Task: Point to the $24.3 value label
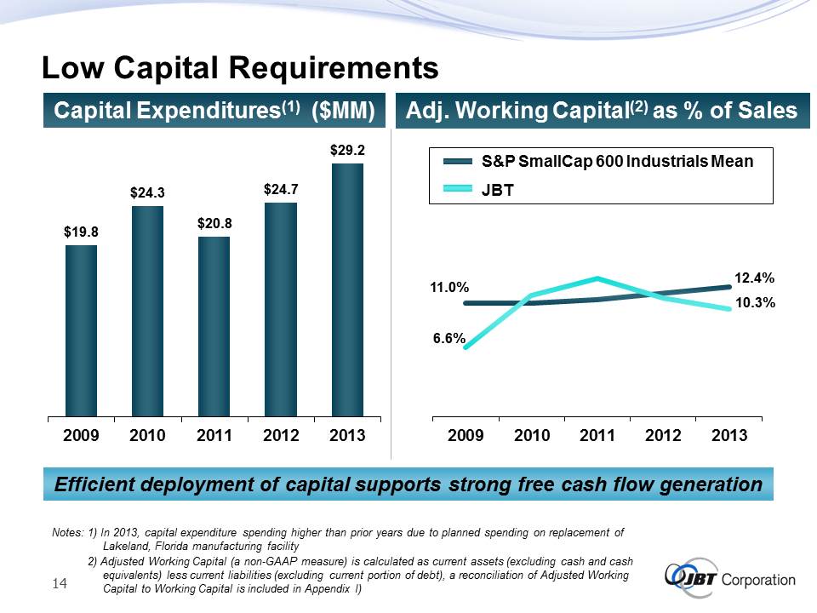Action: (147, 193)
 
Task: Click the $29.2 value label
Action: (347, 150)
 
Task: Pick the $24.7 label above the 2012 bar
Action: (281, 189)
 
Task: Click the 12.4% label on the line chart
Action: (754, 278)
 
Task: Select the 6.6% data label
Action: (448, 338)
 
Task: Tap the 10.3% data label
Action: (754, 302)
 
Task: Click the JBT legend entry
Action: (498, 189)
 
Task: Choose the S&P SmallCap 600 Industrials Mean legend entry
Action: (617, 162)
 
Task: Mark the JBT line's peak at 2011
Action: (598, 278)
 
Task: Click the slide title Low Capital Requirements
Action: (240, 67)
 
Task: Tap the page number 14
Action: (60, 583)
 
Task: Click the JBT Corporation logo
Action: (731, 580)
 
